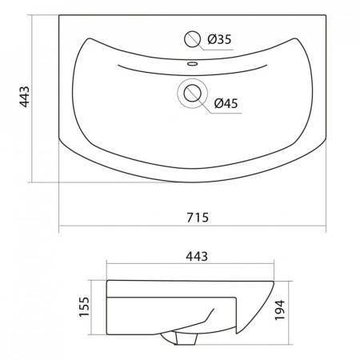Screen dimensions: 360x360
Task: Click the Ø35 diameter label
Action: pos(219,39)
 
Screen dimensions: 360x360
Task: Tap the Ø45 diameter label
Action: pos(226,103)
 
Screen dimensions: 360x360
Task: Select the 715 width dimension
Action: pos(198,218)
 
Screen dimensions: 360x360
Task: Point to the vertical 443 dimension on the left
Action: pos(25,97)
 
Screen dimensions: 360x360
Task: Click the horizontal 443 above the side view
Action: pos(197,257)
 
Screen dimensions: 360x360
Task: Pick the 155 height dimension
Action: pos(84,307)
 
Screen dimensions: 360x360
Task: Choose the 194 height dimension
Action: pos(280,310)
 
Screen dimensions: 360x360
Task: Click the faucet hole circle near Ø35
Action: pos(192,39)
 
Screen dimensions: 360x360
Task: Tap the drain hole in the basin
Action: pos(192,93)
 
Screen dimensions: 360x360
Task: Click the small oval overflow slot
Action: pos(192,63)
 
